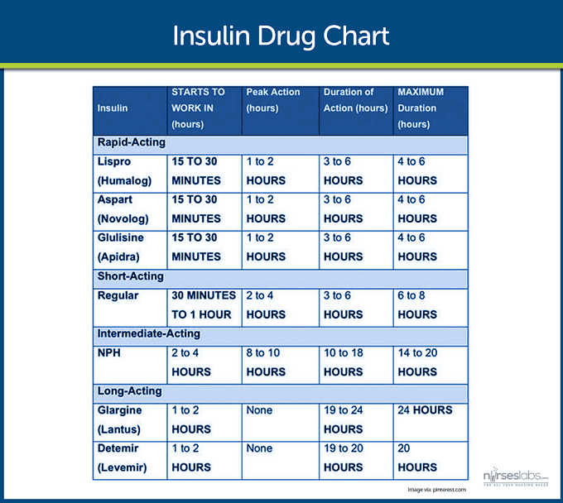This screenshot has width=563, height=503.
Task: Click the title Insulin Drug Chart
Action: pos(281,37)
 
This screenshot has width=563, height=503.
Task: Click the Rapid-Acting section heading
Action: pos(131,142)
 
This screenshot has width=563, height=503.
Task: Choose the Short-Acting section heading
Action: pos(131,276)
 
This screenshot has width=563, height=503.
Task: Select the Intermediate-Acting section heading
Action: pos(149,334)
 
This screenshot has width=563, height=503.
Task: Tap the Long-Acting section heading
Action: pos(129,391)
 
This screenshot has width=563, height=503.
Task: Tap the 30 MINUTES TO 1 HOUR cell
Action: pos(204,304)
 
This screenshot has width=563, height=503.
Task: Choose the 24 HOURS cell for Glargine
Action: pos(425,410)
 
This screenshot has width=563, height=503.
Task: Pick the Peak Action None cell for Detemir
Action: pos(259,448)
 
